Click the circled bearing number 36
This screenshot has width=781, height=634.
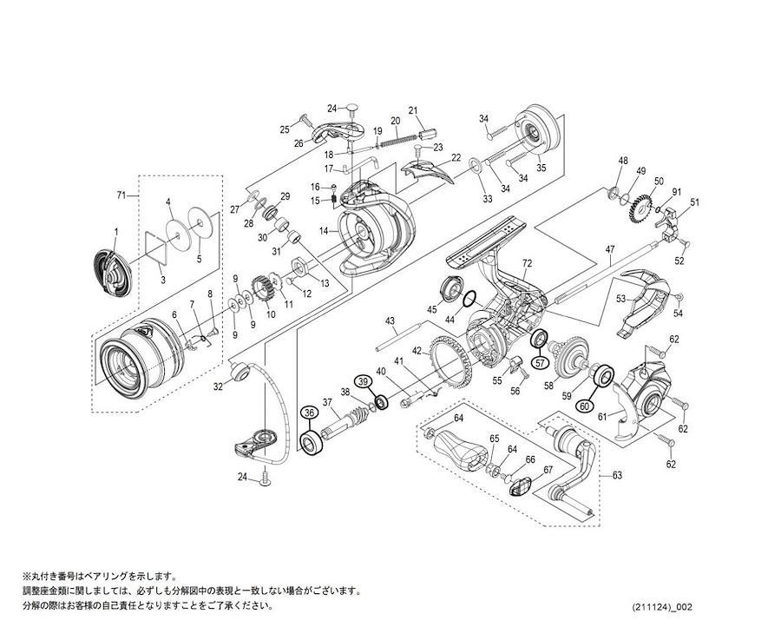click(x=310, y=413)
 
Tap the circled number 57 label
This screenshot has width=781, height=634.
click(x=541, y=363)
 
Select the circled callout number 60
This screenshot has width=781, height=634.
click(x=585, y=406)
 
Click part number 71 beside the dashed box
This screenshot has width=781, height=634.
click(x=121, y=195)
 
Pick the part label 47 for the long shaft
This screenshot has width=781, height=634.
click(x=610, y=249)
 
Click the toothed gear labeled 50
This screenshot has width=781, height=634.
click(x=641, y=208)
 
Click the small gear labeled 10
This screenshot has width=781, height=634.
click(x=264, y=289)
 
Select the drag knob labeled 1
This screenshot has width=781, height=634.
click(x=113, y=271)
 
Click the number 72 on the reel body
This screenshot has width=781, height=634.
click(x=528, y=262)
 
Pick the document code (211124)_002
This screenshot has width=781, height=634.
click(x=662, y=607)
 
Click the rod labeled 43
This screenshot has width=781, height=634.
click(x=399, y=335)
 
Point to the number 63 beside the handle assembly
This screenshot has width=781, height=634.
click(x=617, y=476)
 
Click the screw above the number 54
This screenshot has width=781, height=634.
click(x=678, y=297)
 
